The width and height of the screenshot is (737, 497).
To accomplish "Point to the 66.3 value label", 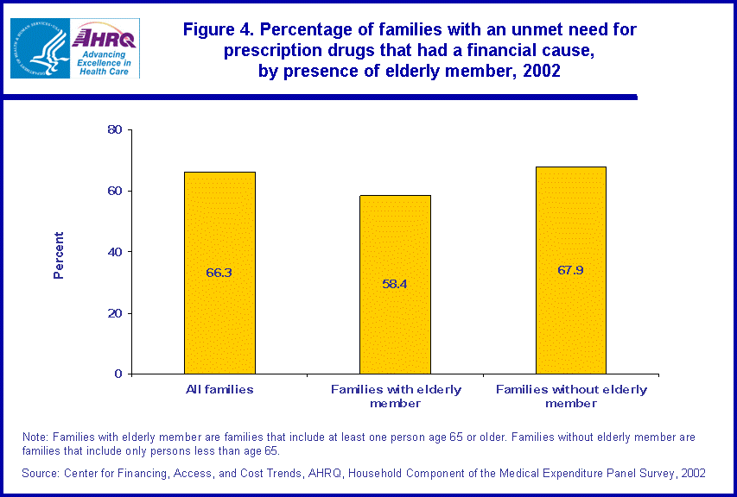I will (219, 273).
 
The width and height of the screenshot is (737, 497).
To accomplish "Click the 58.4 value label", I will (395, 283).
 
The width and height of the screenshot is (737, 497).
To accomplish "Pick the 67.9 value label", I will (570, 270).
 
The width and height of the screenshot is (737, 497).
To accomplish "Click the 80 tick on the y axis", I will (114, 130).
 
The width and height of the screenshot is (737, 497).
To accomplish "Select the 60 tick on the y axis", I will (114, 191).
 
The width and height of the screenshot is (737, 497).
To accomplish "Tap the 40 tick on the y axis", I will (114, 252).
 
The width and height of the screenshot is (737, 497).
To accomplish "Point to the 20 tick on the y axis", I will (114, 313).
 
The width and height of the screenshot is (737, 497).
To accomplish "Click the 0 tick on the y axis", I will (118, 374).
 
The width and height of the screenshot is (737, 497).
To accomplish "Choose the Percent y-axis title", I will (59, 255).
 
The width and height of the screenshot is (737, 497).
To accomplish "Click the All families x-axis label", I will (219, 389).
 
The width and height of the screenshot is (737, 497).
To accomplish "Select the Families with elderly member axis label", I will (396, 396).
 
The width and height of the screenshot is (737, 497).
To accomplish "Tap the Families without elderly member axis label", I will (571, 396).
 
